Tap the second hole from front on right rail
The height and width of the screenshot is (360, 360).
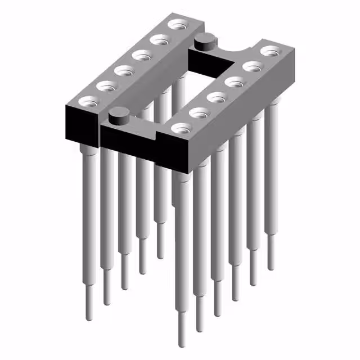coord(199,112)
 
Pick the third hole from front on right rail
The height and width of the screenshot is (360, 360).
coord(217,97)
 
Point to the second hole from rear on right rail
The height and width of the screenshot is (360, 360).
coord(251,67)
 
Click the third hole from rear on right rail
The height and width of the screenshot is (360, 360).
coord(233,82)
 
